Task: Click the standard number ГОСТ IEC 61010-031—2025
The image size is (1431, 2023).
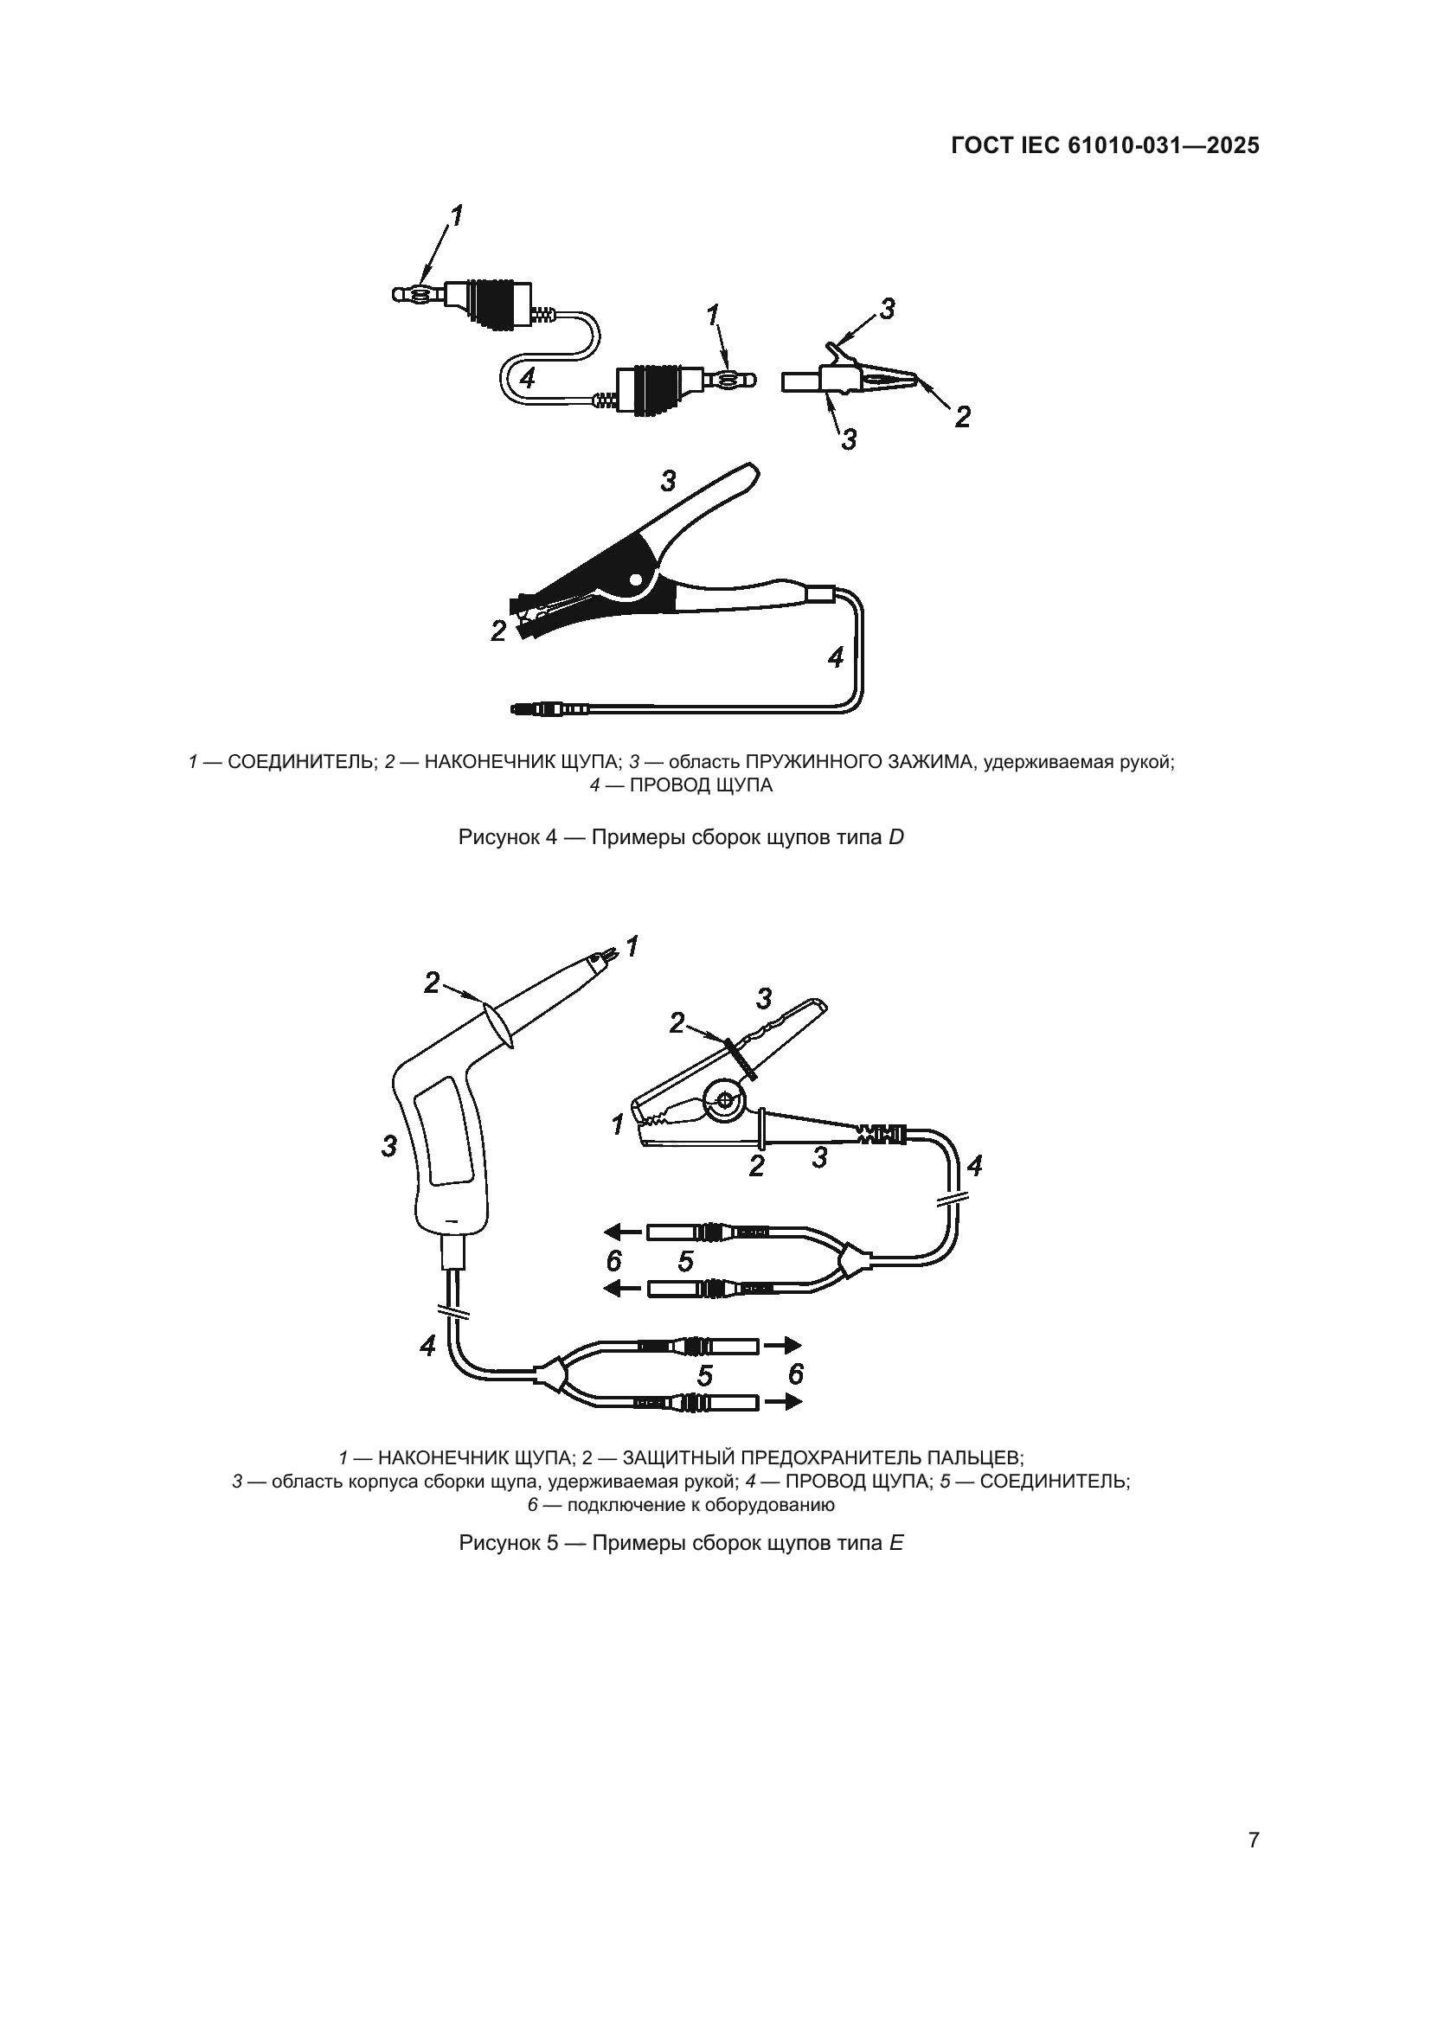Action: click(x=1105, y=146)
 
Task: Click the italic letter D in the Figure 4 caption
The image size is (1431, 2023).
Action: click(x=896, y=837)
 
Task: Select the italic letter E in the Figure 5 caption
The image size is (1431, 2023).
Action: click(x=896, y=1543)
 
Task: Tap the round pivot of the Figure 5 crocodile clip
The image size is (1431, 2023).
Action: click(x=725, y=1100)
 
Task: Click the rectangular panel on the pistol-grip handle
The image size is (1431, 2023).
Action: click(x=448, y=1136)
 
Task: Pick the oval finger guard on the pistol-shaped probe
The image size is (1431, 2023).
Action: click(x=498, y=1023)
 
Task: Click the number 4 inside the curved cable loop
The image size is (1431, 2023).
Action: click(x=527, y=378)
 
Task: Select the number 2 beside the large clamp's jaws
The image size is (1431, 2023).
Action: click(x=498, y=631)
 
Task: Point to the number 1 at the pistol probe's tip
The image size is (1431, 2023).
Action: click(x=632, y=947)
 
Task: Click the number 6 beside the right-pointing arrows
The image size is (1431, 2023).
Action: click(x=795, y=1373)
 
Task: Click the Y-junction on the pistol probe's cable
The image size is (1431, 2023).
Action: click(x=551, y=1373)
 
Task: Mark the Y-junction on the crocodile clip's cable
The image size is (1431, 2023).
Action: click(x=854, y=1261)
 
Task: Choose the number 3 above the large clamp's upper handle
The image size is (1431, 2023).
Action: click(x=668, y=481)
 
